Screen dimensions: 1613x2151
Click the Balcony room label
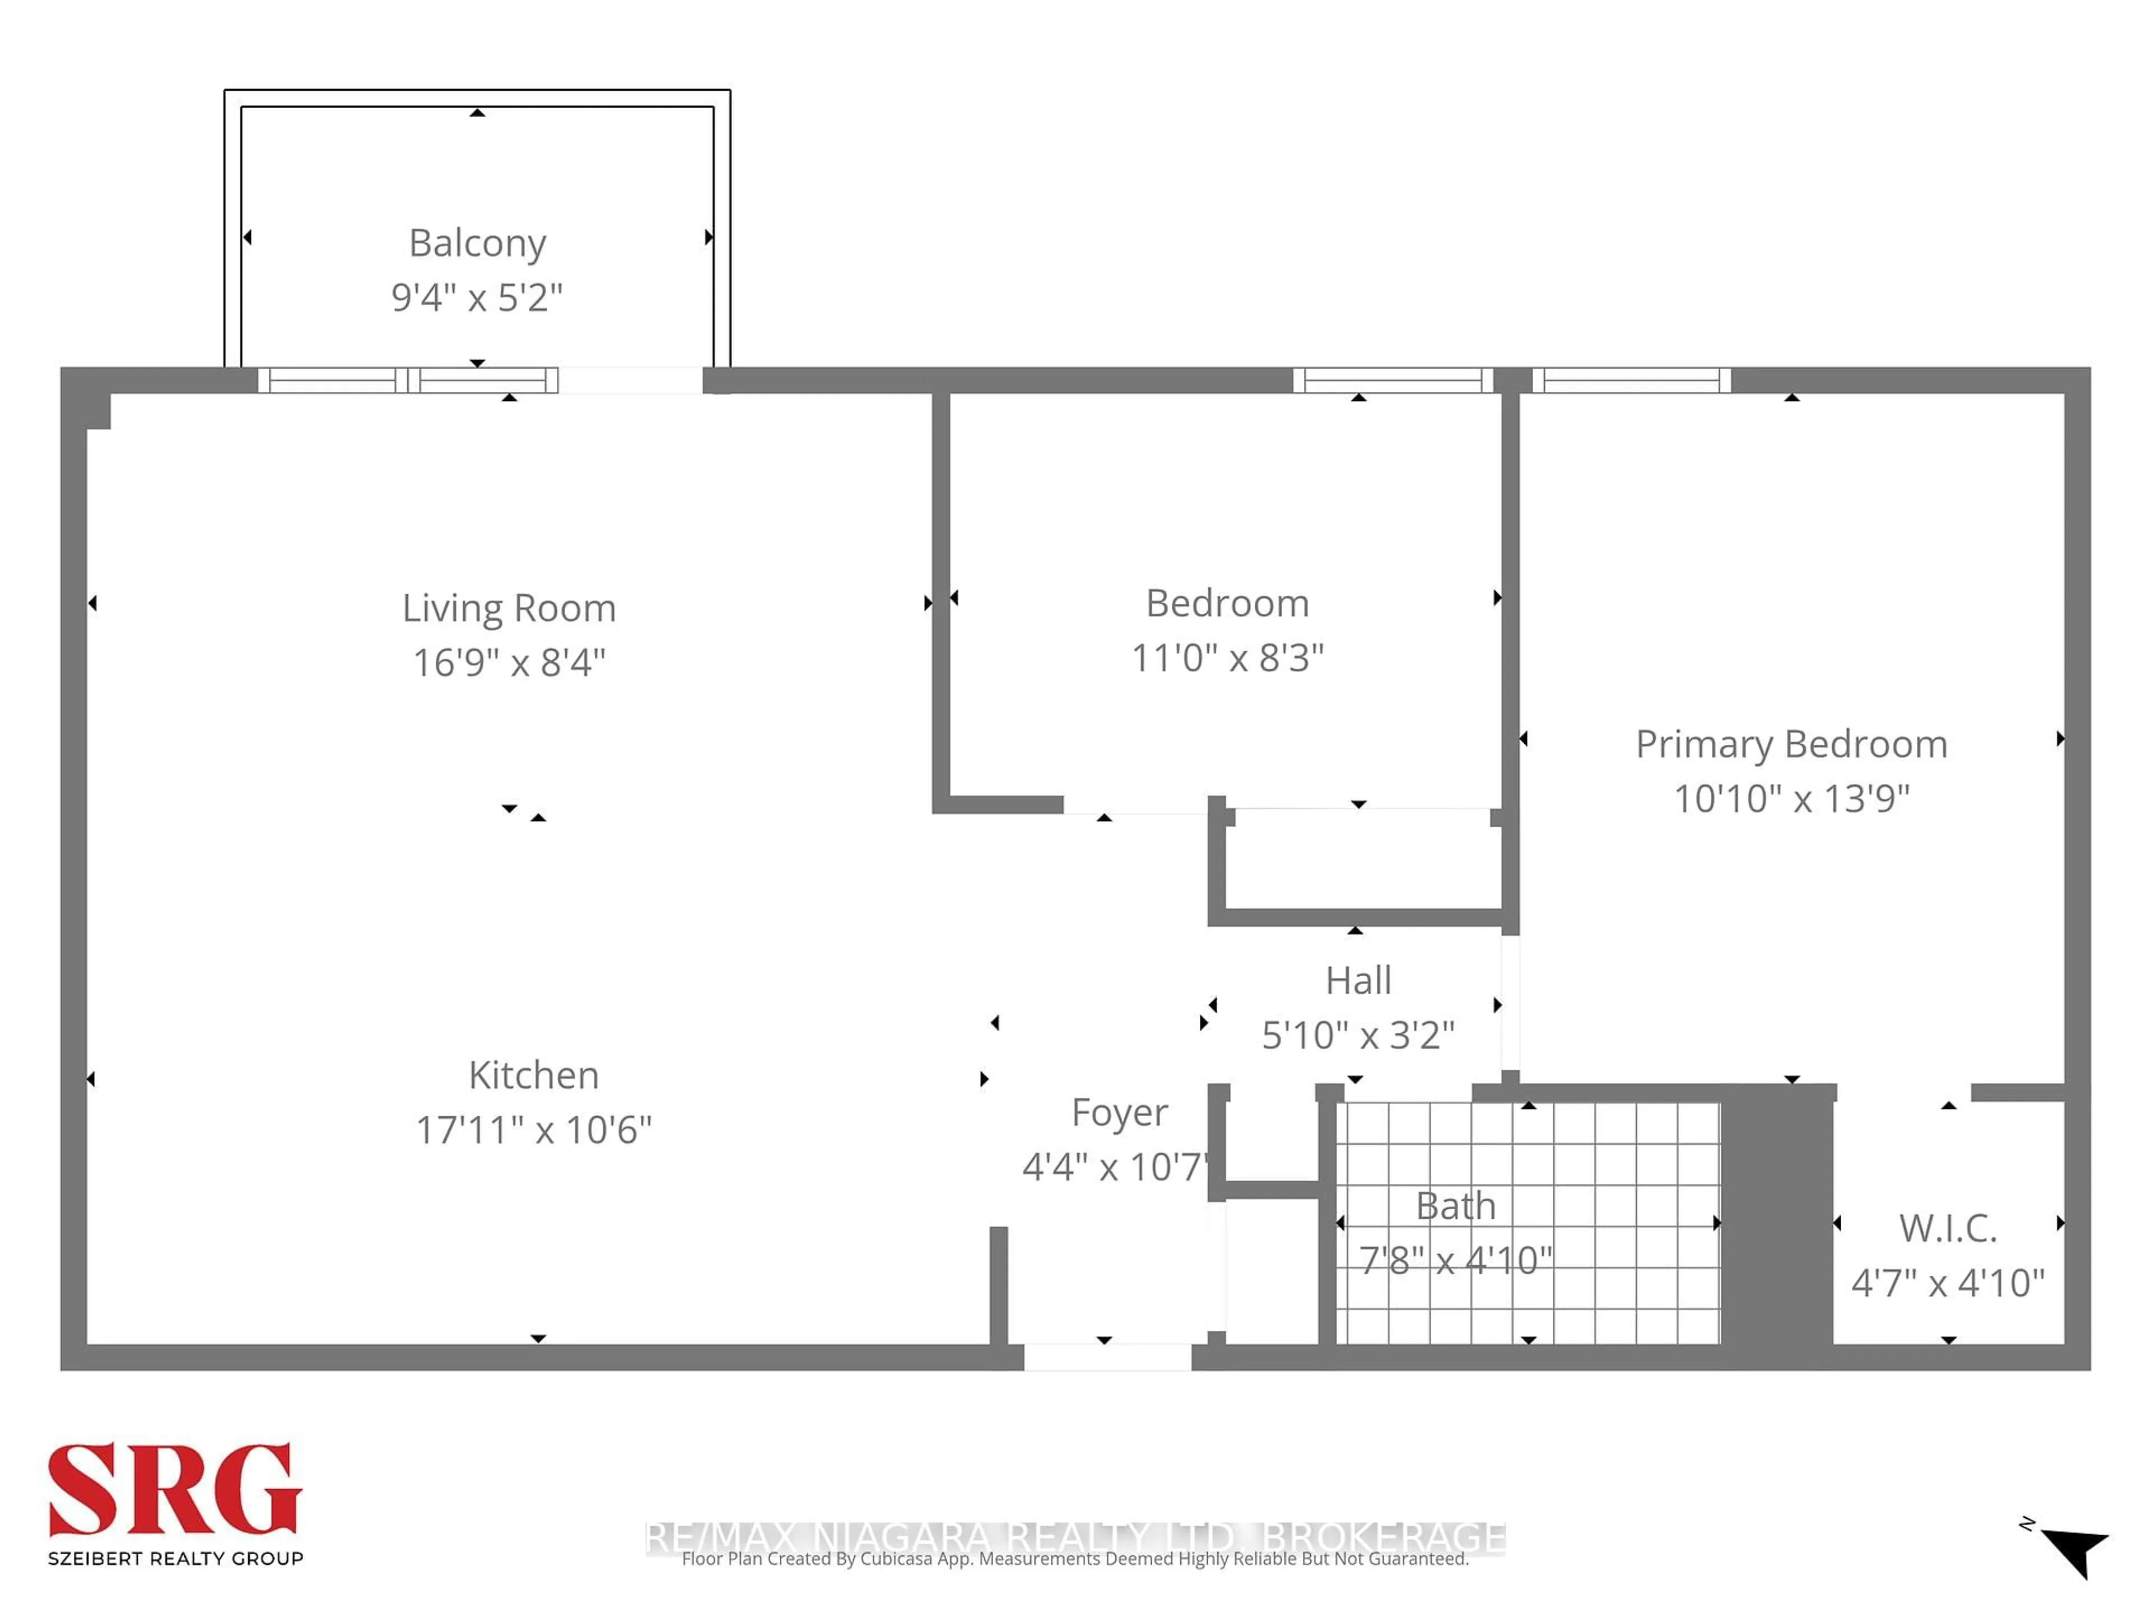[477, 243]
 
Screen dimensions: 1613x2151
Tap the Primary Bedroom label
[1791, 745]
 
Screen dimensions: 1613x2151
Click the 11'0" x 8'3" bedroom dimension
[1227, 658]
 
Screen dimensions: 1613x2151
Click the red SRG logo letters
[175, 1490]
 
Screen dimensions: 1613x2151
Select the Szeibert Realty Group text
[175, 1559]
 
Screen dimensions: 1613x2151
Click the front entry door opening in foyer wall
[1107, 1357]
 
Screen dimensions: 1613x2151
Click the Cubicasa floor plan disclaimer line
[1074, 1560]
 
